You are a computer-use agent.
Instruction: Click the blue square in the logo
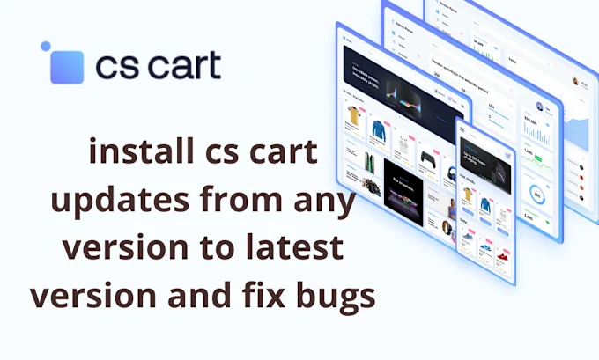click(67, 67)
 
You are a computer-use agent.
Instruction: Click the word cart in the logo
click(183, 66)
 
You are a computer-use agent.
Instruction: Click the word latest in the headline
click(294, 250)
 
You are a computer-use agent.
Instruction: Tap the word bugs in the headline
click(336, 296)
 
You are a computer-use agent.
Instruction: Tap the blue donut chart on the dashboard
click(536, 195)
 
